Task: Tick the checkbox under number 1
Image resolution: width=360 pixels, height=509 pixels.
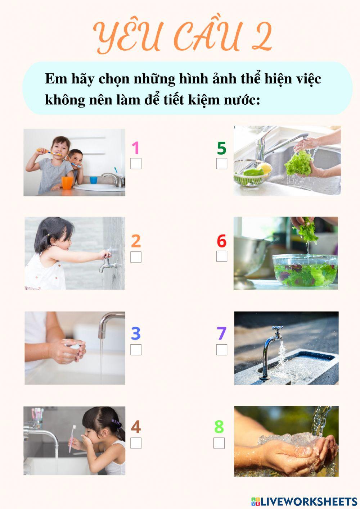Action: tap(136, 164)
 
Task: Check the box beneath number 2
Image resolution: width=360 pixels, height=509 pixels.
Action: tap(136, 257)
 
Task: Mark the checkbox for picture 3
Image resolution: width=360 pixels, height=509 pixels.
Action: tap(136, 350)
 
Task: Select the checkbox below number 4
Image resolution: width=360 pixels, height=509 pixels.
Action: tap(136, 443)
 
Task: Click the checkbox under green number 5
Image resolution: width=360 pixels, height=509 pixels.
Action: tap(222, 164)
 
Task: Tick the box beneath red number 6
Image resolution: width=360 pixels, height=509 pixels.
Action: tap(222, 256)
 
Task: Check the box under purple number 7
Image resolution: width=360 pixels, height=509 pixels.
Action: tap(222, 350)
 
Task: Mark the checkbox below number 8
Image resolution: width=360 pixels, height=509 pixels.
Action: tap(219, 443)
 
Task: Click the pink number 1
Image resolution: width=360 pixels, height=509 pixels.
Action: tap(135, 148)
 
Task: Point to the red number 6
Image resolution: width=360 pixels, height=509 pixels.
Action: tap(221, 241)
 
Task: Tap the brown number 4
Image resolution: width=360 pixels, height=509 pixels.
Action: tap(136, 427)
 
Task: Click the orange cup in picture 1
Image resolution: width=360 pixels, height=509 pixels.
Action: tap(67, 183)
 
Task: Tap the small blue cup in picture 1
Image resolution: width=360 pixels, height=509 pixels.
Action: tap(94, 180)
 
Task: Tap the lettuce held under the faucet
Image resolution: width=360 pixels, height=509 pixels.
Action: tap(298, 164)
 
